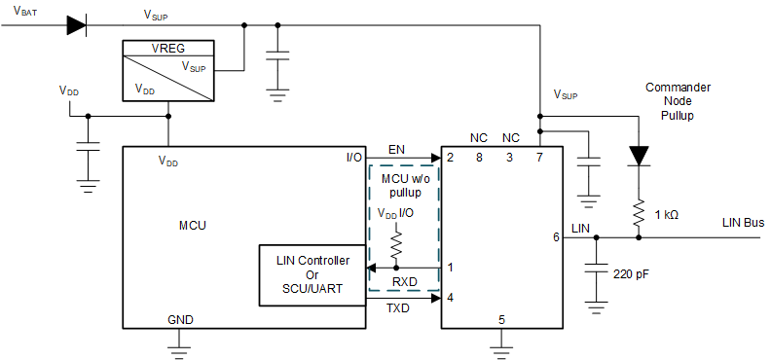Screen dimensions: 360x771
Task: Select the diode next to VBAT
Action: coord(77,25)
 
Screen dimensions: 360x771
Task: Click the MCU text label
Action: coord(193,225)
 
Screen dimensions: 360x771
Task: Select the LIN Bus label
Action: coord(742,223)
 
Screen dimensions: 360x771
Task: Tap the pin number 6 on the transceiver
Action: coord(556,236)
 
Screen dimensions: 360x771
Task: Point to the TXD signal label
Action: coord(399,309)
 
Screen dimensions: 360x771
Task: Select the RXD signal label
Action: coord(404,282)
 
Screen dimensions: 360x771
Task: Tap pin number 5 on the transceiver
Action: coord(501,318)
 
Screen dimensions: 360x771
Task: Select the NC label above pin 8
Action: coord(478,138)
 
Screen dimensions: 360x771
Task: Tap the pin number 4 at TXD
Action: coord(450,297)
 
